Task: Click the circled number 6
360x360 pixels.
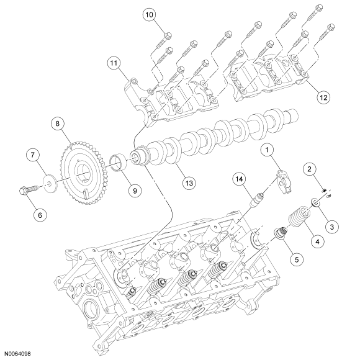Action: [40, 215]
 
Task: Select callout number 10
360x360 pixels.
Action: [149, 14]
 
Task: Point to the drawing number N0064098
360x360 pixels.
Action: [17, 354]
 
